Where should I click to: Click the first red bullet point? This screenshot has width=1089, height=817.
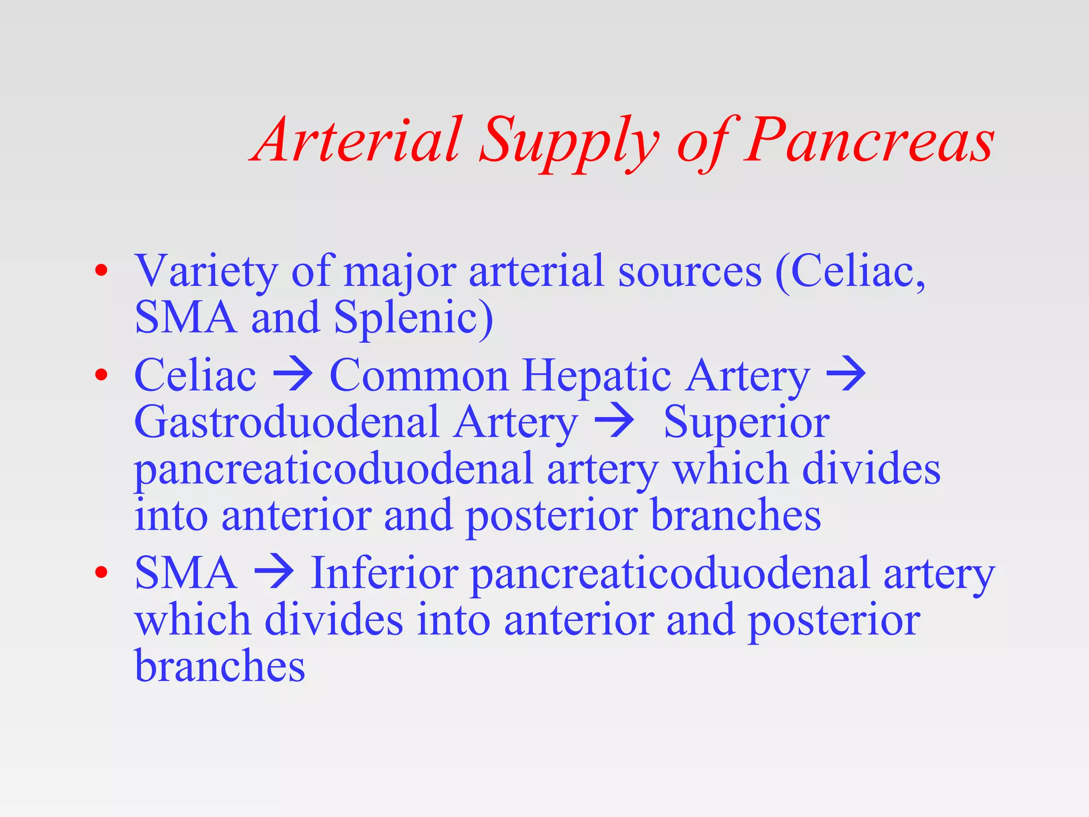point(101,271)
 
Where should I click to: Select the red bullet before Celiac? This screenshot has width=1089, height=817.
point(101,375)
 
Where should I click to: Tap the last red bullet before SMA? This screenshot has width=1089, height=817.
point(101,573)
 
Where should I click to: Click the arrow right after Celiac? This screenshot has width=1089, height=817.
point(292,375)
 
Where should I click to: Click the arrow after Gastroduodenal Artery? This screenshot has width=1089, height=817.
point(614,422)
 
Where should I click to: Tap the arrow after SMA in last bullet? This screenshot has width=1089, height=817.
point(274,573)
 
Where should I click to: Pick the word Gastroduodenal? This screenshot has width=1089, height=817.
point(287,422)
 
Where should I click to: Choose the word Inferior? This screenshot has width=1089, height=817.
point(384,573)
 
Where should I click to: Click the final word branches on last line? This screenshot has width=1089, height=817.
point(220,665)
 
